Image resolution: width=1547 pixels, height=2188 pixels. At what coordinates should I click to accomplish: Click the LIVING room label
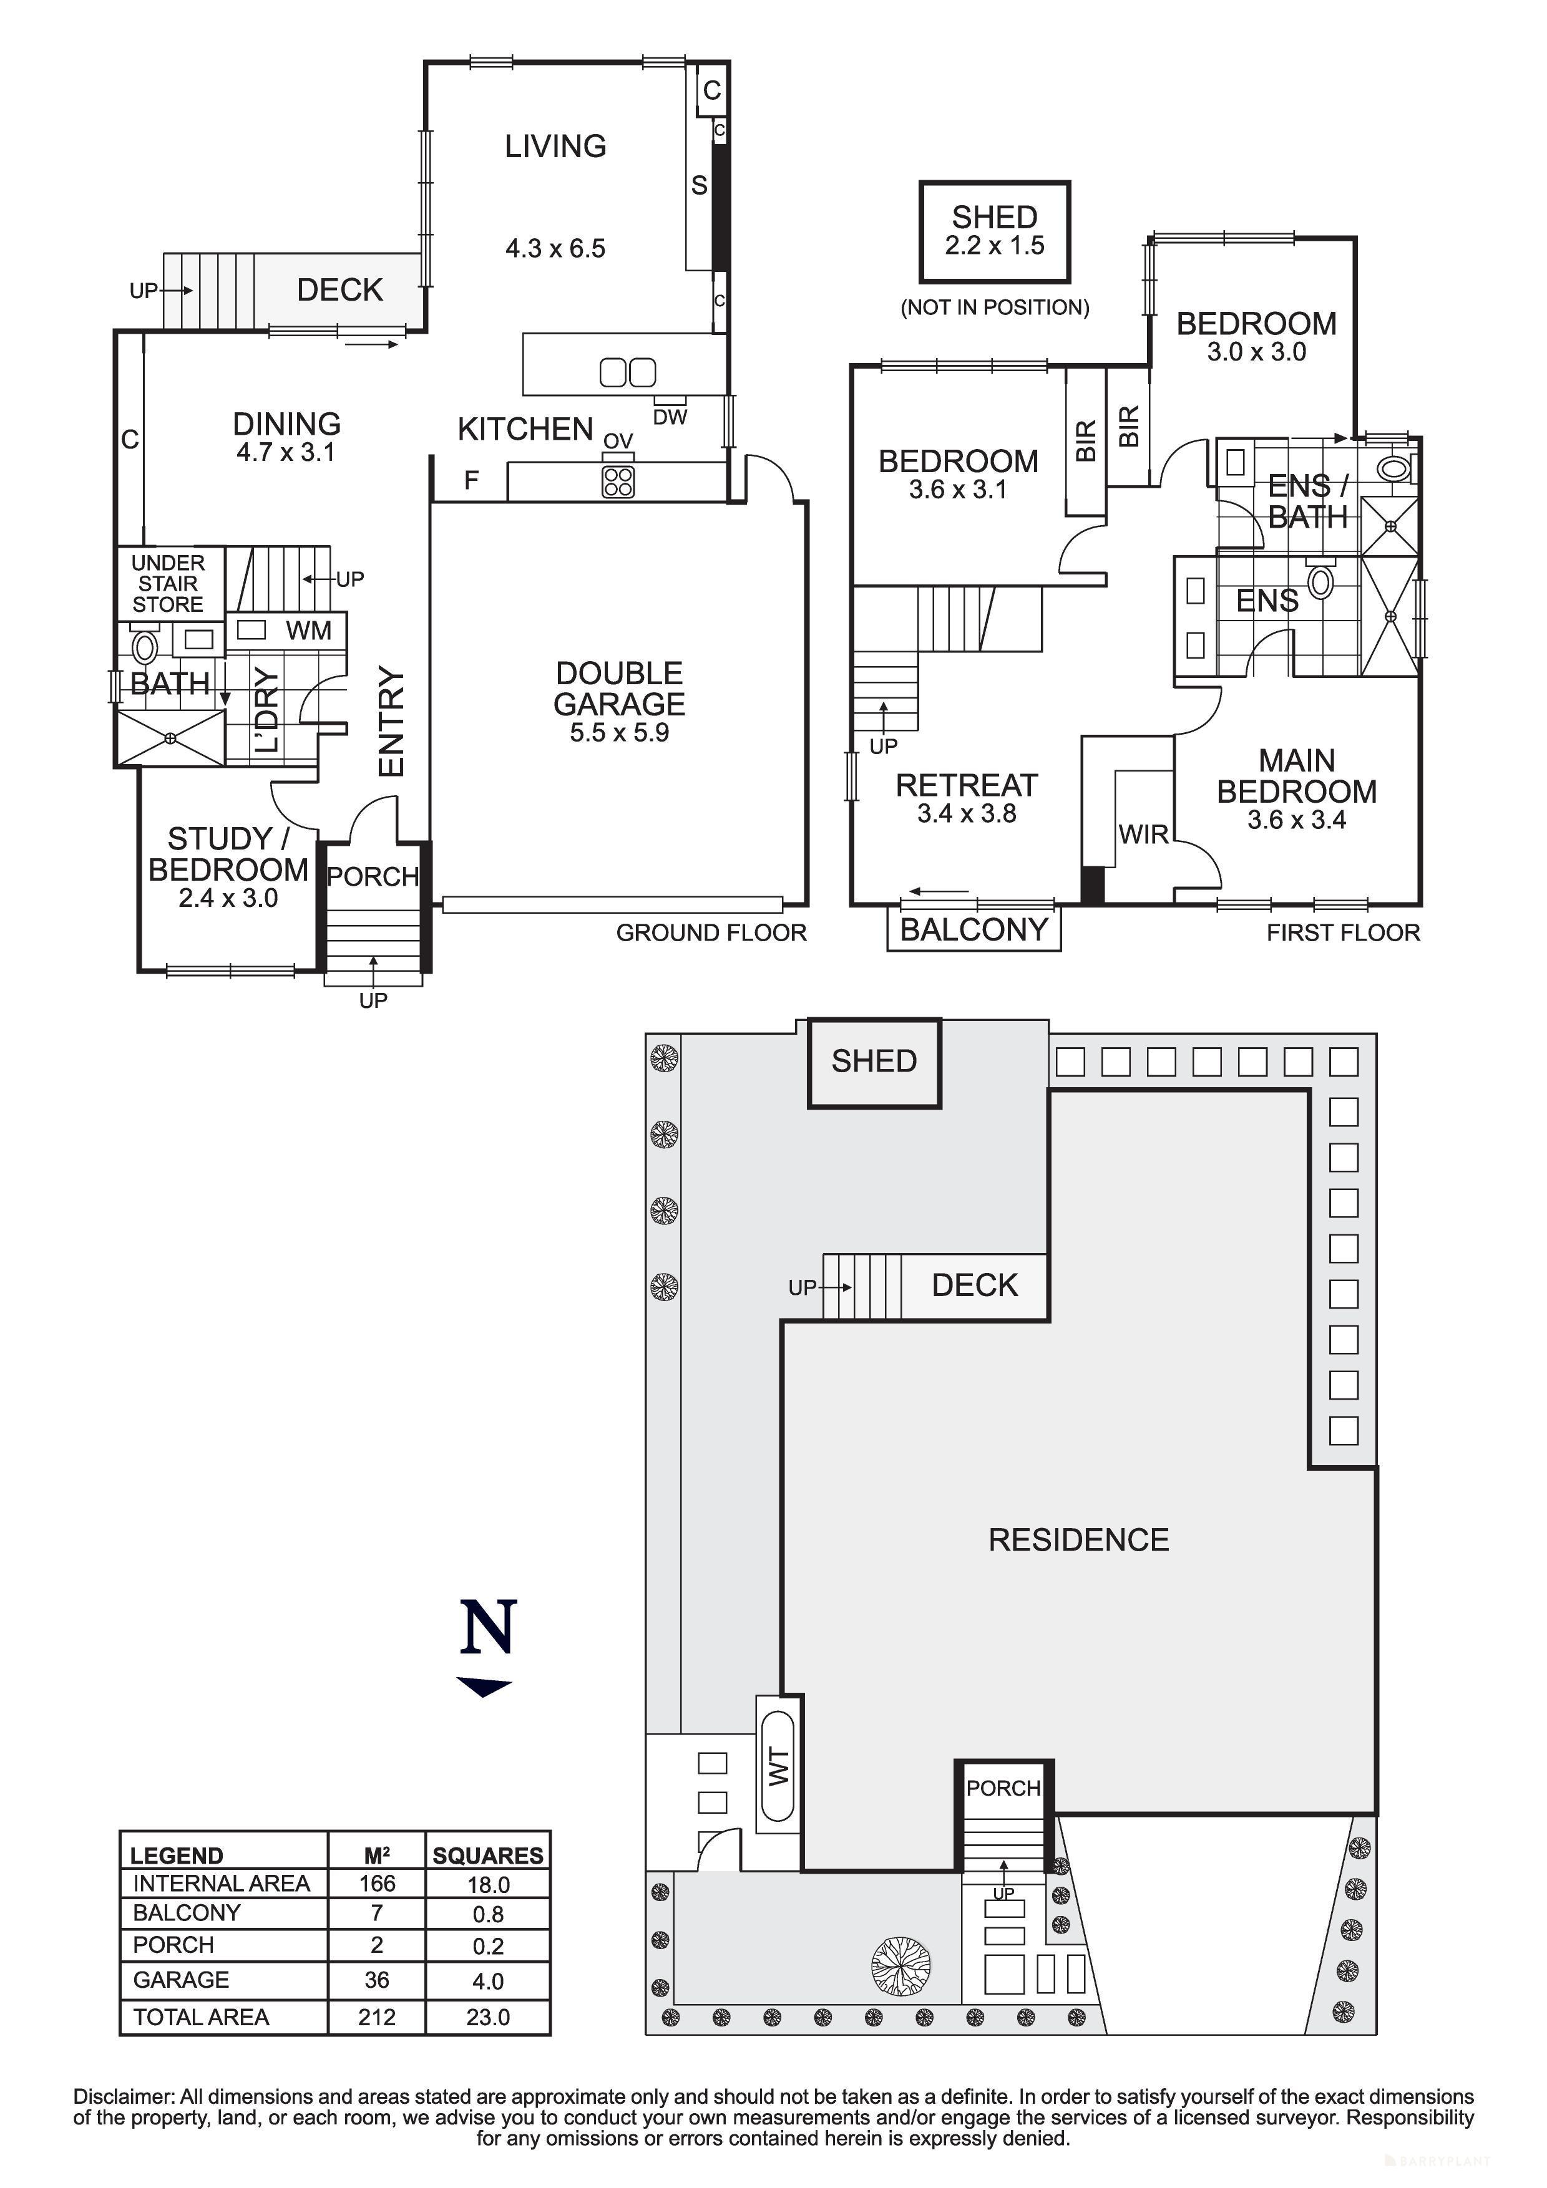555,146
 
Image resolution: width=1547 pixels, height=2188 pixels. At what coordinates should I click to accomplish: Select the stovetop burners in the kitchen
618,482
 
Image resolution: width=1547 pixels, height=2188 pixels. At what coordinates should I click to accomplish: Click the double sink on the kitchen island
627,372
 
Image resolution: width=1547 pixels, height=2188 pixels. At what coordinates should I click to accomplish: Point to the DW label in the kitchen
670,417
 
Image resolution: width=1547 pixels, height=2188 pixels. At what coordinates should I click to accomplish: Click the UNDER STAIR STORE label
168,583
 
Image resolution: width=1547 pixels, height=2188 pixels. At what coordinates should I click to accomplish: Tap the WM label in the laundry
308,630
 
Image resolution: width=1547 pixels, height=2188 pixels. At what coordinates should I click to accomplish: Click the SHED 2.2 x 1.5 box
994,231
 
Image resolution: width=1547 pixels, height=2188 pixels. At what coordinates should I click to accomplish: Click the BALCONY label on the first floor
973,929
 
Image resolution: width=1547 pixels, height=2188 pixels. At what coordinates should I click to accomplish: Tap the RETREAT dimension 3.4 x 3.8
967,814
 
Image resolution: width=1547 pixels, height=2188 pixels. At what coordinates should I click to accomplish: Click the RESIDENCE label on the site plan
1078,1540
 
